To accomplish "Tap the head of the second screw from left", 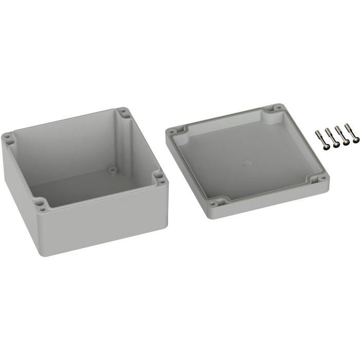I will (x=336, y=145).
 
